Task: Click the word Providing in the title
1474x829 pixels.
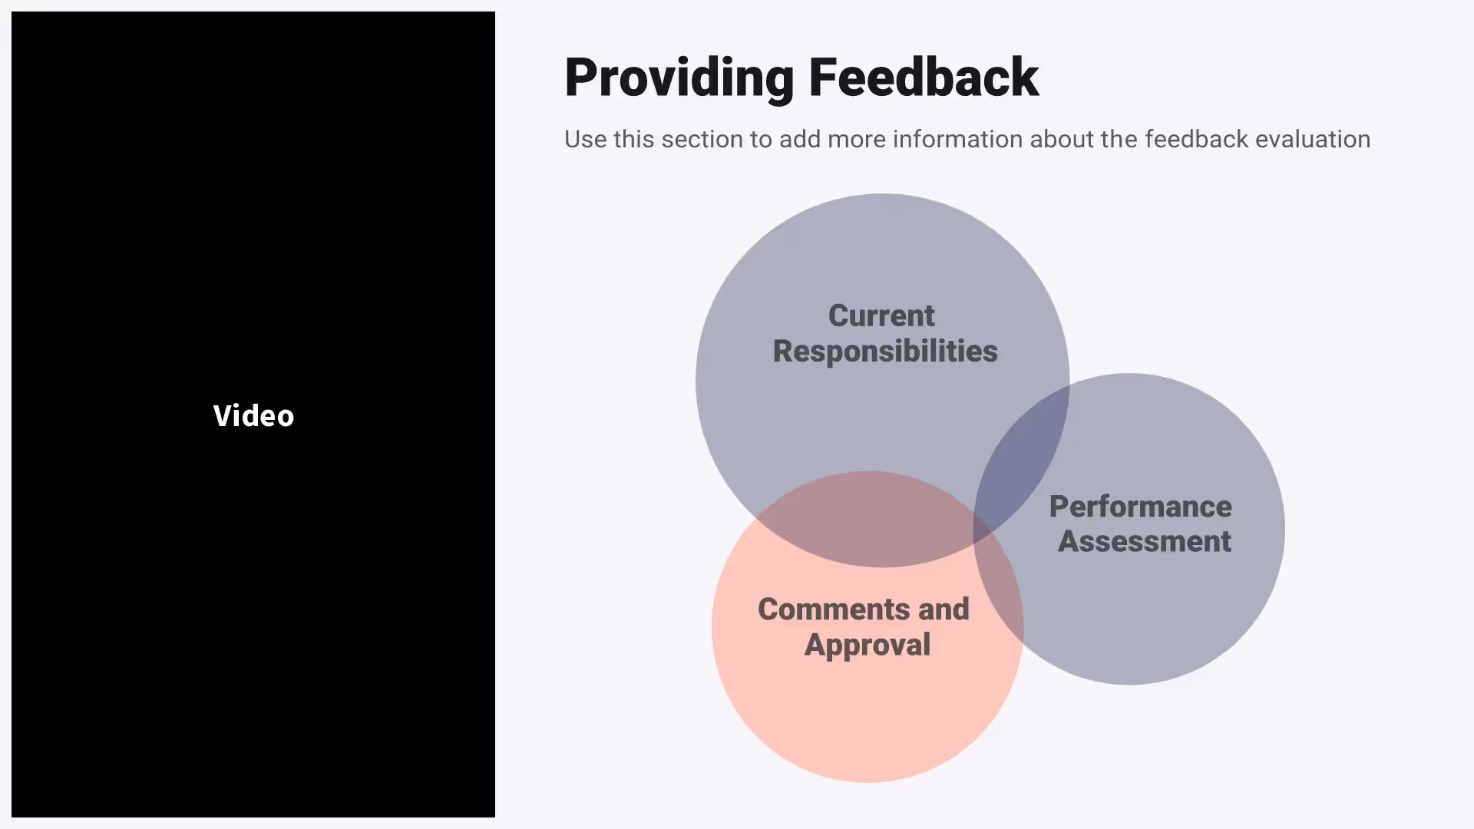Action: (x=679, y=78)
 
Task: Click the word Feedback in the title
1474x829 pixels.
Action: (x=924, y=78)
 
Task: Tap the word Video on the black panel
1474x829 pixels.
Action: (x=253, y=415)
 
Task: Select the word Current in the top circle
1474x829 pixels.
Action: (x=881, y=315)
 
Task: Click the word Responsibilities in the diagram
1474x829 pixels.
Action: (x=885, y=351)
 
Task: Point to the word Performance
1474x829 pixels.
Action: (x=1140, y=507)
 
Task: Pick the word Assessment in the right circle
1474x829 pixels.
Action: (x=1144, y=541)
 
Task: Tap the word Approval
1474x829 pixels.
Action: (x=868, y=645)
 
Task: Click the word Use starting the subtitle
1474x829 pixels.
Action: (x=585, y=140)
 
